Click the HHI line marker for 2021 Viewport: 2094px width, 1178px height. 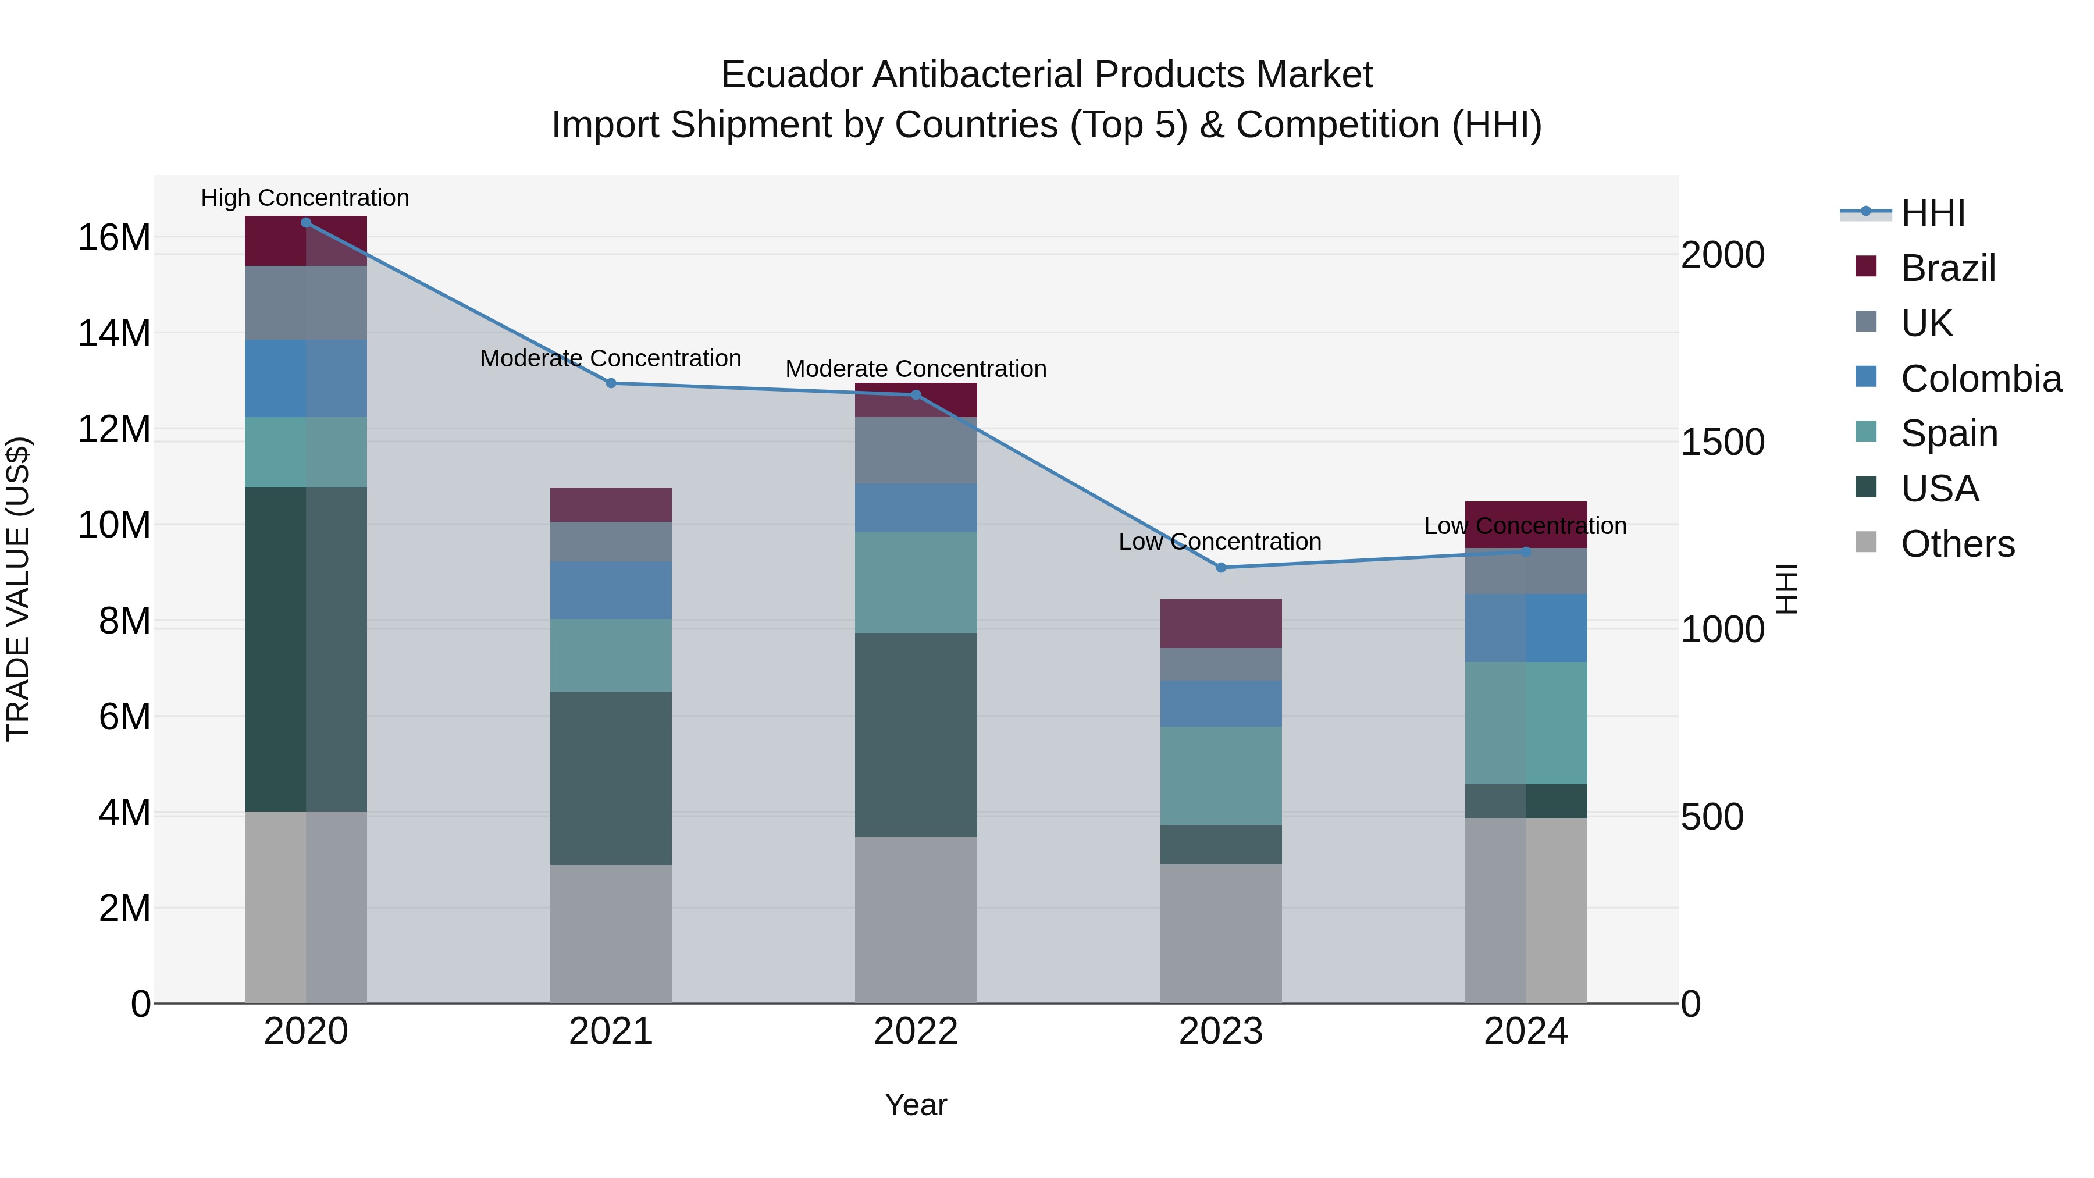coord(611,383)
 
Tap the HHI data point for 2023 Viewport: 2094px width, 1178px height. coord(1220,567)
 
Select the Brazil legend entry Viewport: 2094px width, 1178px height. coord(1947,268)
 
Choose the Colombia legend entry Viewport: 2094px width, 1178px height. coord(1980,379)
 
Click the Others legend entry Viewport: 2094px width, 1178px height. coord(1957,544)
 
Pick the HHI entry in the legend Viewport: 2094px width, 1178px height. coord(1933,213)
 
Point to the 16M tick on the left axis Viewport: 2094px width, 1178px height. coord(114,238)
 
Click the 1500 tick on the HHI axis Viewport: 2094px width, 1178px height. coord(1722,442)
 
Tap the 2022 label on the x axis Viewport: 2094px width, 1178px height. coord(916,1031)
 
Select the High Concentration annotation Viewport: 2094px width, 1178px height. coord(305,198)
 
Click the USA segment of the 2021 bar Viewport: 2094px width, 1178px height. coord(611,777)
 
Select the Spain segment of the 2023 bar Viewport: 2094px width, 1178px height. coord(1220,775)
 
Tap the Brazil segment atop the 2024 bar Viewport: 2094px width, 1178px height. coord(1525,524)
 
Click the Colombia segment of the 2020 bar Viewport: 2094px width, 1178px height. coord(305,378)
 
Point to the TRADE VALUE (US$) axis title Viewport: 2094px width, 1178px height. coord(18,589)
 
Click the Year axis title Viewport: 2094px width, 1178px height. coord(916,1105)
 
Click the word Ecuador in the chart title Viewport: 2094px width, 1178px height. coord(791,75)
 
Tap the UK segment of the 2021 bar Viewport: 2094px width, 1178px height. coord(611,542)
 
